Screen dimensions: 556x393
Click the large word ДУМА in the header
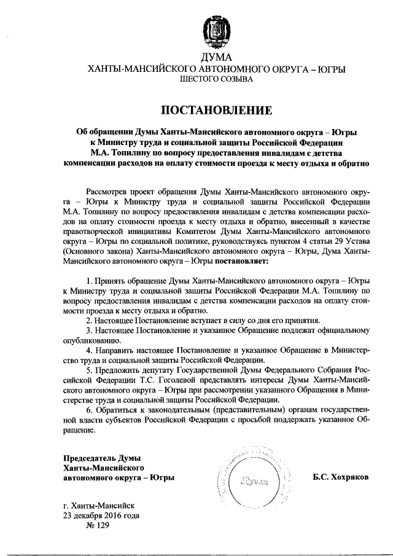tap(216, 58)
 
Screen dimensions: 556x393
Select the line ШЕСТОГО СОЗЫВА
tap(216, 79)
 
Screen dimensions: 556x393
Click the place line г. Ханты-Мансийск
tap(103, 506)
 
